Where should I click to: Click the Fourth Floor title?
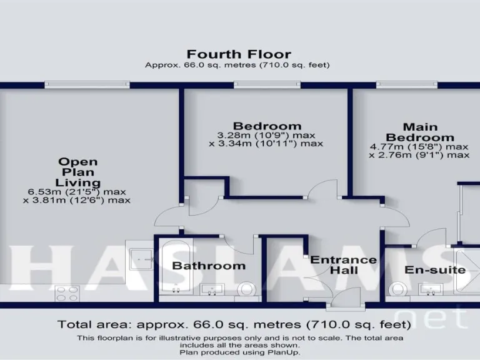click(x=239, y=54)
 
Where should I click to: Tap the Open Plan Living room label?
click(x=78, y=172)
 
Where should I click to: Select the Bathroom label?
click(x=209, y=266)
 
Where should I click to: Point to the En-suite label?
click(x=435, y=270)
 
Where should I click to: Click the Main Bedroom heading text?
click(x=419, y=132)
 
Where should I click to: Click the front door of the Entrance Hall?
click(x=346, y=299)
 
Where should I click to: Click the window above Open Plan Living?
click(x=87, y=84)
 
